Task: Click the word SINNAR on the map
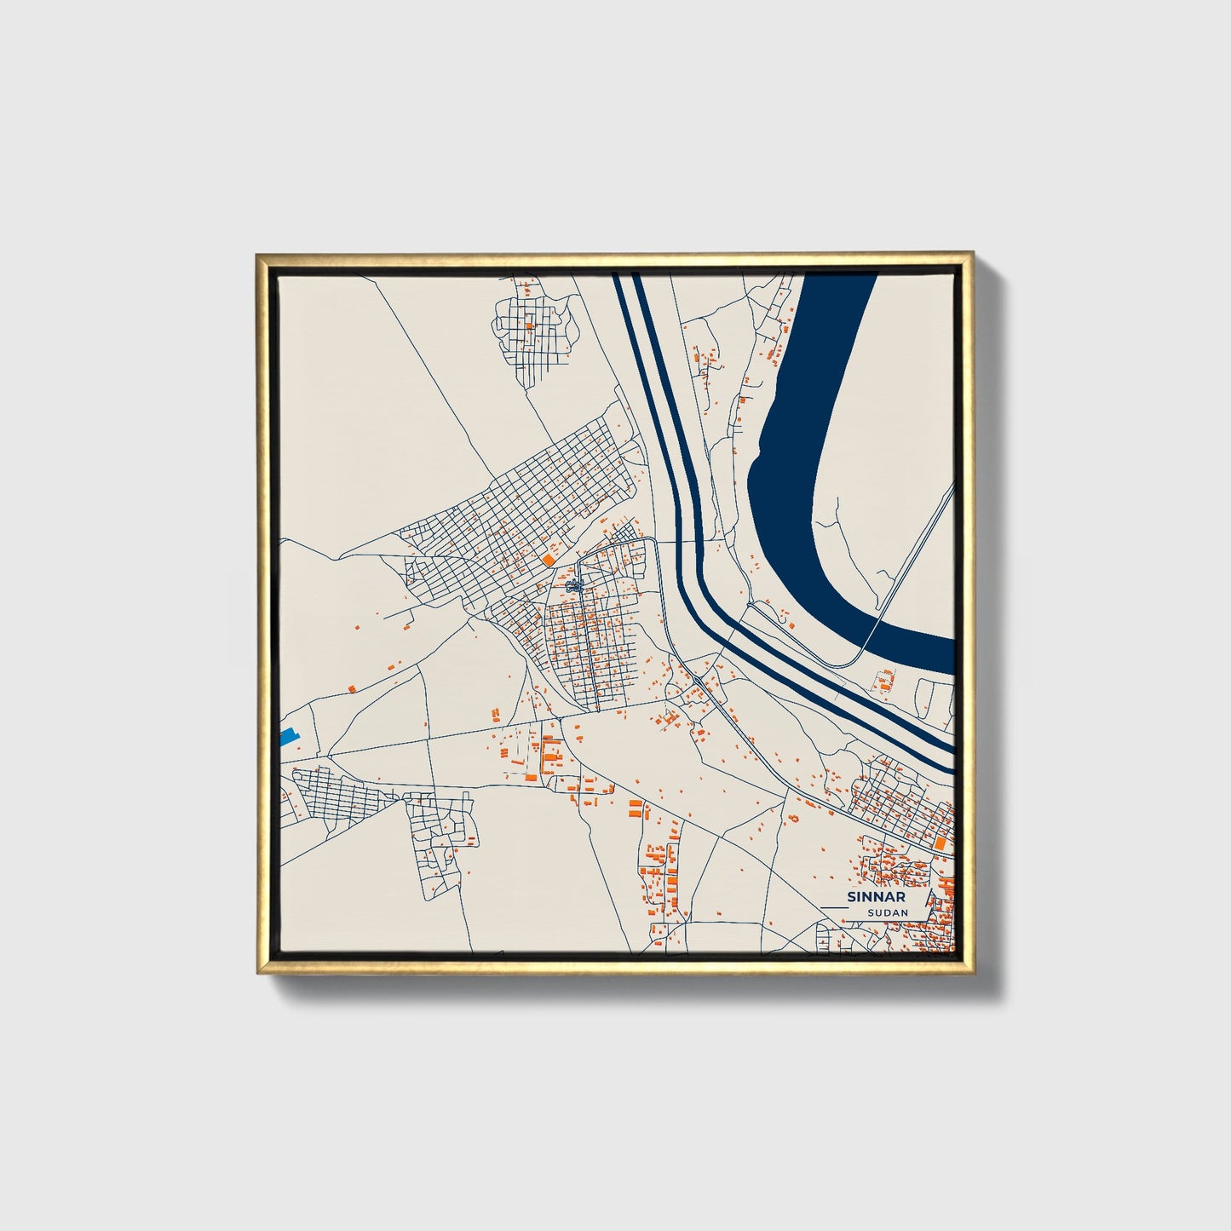[877, 897]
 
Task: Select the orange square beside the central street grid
[546, 559]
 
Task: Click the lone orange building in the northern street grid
[528, 325]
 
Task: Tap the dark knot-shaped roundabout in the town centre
[574, 585]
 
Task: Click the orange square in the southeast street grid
[941, 843]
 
